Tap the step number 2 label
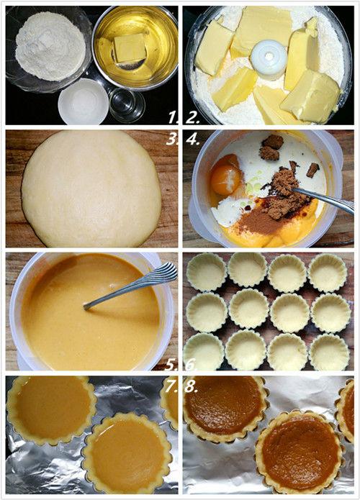[192, 118]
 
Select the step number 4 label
[192, 140]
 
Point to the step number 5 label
[171, 365]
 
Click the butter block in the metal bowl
[130, 47]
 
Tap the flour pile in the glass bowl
[50, 46]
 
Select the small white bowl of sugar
[84, 101]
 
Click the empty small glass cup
[127, 104]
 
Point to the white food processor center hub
[269, 59]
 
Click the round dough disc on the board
[91, 188]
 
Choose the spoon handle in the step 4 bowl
[324, 199]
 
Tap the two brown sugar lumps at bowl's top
[271, 147]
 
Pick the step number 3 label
[171, 140]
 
